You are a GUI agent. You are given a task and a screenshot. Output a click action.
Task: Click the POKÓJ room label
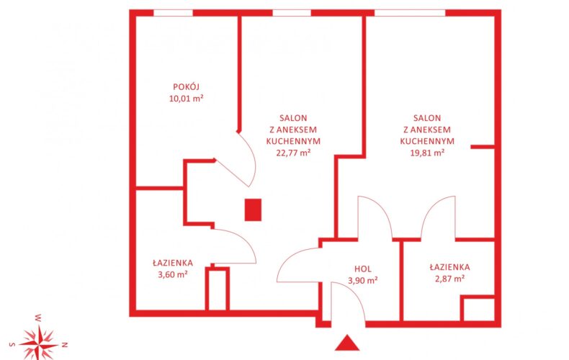(x=186, y=86)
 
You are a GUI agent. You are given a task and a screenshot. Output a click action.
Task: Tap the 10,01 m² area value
(x=186, y=99)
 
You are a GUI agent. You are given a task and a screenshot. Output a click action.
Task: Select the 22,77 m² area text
(x=293, y=153)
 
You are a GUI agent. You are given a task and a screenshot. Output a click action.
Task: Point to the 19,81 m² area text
(x=427, y=153)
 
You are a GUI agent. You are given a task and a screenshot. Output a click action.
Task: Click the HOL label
(x=363, y=269)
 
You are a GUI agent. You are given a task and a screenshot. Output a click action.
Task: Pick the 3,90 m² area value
(x=363, y=281)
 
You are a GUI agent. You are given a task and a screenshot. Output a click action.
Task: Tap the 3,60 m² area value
(x=173, y=274)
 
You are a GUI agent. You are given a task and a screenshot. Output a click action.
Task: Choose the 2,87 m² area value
(x=450, y=279)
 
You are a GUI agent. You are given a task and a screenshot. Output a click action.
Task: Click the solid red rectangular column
(x=253, y=210)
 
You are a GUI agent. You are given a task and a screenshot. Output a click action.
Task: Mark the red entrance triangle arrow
(x=347, y=343)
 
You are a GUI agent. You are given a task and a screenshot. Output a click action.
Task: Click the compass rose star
(x=38, y=343)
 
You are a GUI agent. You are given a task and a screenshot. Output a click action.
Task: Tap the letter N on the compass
(x=65, y=344)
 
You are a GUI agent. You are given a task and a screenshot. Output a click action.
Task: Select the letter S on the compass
(x=12, y=344)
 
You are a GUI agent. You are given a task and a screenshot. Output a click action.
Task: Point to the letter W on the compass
(x=38, y=318)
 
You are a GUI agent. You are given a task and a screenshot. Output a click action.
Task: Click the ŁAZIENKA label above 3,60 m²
(x=173, y=263)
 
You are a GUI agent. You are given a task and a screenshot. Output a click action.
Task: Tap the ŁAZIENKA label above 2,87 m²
(x=450, y=267)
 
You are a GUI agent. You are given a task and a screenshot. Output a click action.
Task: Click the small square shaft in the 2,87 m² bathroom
(x=479, y=308)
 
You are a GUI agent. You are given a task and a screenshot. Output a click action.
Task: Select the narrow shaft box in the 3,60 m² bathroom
(x=218, y=289)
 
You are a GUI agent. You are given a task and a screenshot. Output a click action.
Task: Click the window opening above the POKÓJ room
(x=173, y=13)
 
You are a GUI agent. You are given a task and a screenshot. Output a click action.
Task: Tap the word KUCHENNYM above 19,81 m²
(x=427, y=141)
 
